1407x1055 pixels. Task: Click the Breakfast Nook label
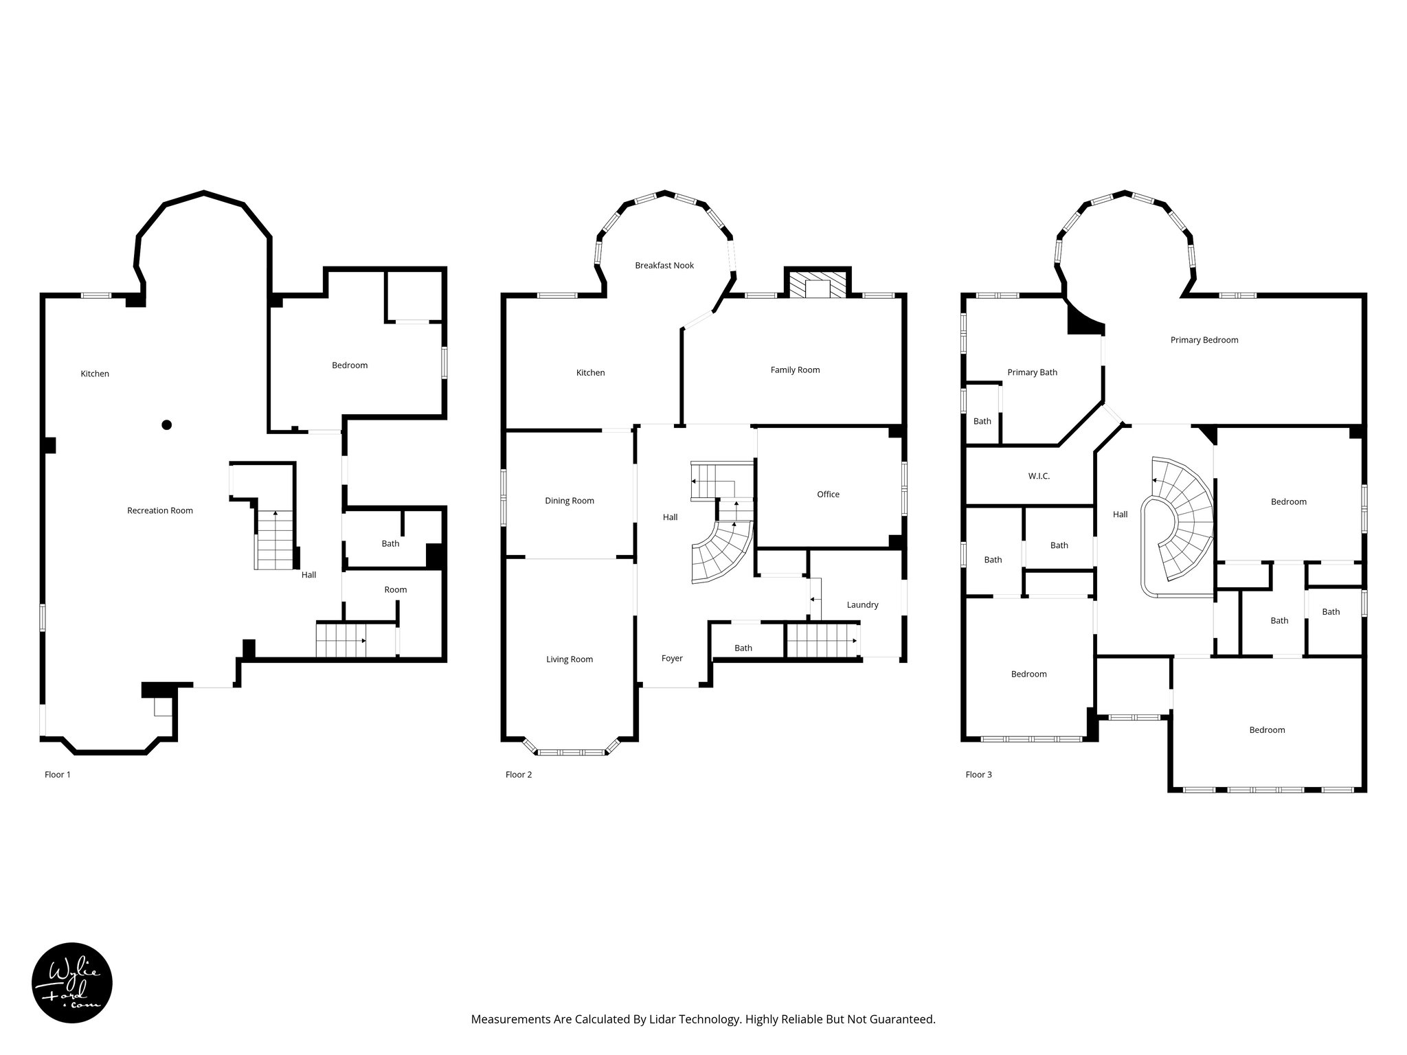pos(664,265)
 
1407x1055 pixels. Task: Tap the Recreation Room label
pos(160,510)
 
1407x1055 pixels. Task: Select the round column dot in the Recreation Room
pos(166,424)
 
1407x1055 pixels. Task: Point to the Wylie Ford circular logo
pos(72,983)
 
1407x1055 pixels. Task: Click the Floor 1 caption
pos(58,775)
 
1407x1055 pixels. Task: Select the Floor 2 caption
pos(519,775)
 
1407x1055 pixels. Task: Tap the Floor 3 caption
pos(979,775)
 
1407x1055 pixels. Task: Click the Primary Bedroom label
pos(1204,340)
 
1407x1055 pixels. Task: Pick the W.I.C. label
pos(1039,476)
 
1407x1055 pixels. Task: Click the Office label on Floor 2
pos(829,495)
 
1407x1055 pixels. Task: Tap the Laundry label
pos(862,605)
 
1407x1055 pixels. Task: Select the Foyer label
pos(672,658)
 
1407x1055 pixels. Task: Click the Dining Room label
pos(570,501)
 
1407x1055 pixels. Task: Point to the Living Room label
pos(570,659)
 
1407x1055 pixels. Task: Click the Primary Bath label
pos(1033,372)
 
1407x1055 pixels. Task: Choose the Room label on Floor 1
pos(396,589)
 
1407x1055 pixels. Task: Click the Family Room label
pos(795,370)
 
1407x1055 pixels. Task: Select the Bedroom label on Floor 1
pos(350,365)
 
